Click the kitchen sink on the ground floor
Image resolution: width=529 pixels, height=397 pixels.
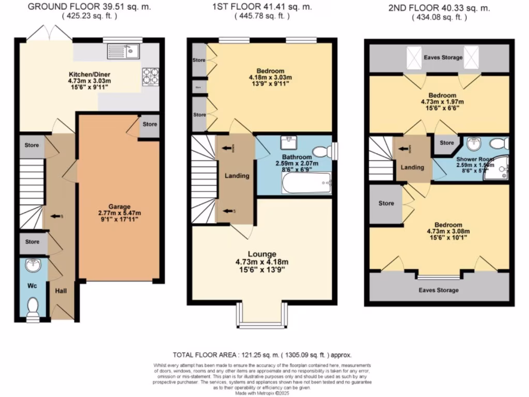click(x=122, y=51)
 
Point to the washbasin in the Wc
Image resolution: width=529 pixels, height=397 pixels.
click(x=34, y=265)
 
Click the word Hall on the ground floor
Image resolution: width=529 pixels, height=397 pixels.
click(x=61, y=291)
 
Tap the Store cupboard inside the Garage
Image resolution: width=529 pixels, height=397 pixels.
click(x=150, y=125)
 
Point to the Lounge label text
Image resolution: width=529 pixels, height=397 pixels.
click(x=261, y=254)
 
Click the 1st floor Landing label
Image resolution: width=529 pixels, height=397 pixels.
click(x=237, y=176)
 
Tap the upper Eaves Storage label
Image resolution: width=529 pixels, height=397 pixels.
click(x=443, y=57)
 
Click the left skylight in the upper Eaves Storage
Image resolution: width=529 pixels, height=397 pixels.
click(x=414, y=57)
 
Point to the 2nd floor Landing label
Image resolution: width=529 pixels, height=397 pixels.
click(x=412, y=167)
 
